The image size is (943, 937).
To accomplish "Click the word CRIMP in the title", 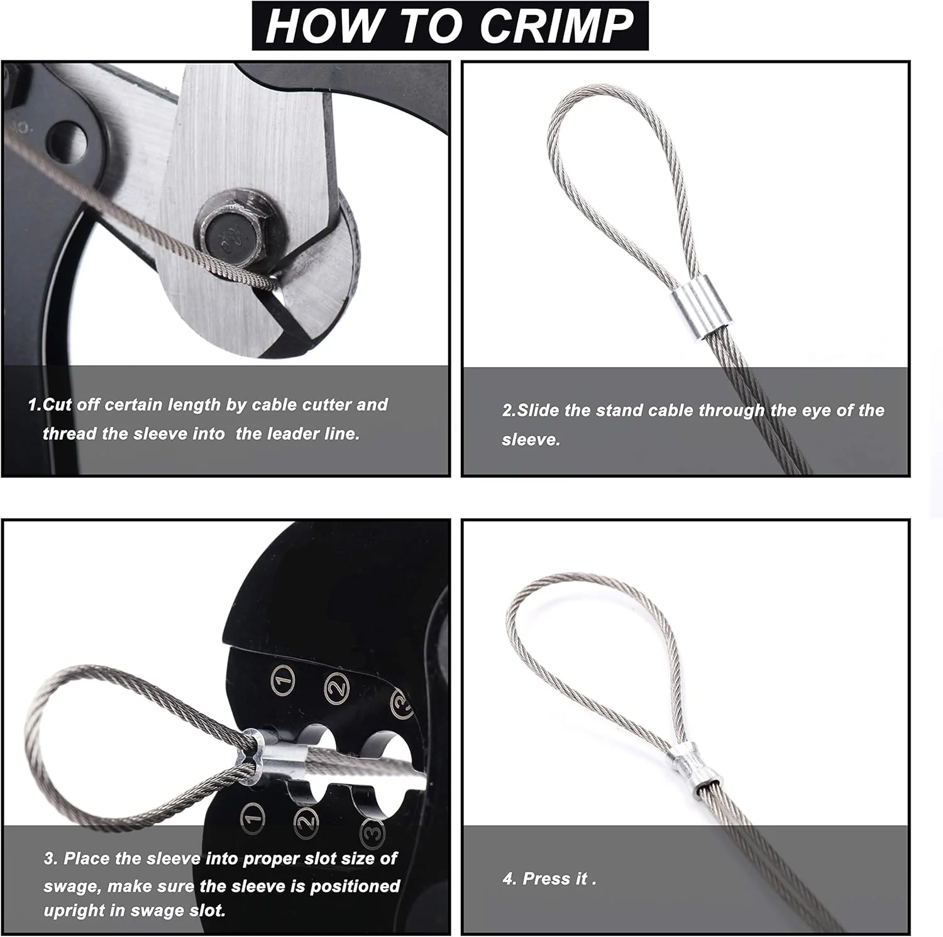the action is tap(556, 26).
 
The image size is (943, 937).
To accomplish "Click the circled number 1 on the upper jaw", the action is tap(284, 681).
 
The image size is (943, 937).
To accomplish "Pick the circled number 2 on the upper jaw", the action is tap(337, 688).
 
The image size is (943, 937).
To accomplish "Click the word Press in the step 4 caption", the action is tap(546, 879).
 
